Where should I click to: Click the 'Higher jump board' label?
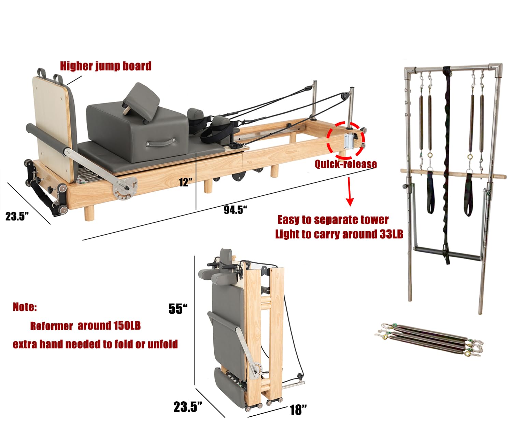pos(105,66)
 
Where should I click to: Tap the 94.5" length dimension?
pos(235,210)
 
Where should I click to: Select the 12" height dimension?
pos(186,182)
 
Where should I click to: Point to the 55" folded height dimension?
pos(178,309)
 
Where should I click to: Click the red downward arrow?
pos(350,191)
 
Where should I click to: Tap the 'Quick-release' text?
pos(345,164)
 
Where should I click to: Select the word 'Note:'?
pos(25,307)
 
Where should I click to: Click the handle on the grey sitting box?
pos(161,143)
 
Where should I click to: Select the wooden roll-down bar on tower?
pos(453,173)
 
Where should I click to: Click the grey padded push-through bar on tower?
pos(448,256)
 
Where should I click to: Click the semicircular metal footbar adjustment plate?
pos(125,189)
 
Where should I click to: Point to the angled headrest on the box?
pos(142,101)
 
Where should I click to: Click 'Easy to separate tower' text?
pos(333,220)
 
